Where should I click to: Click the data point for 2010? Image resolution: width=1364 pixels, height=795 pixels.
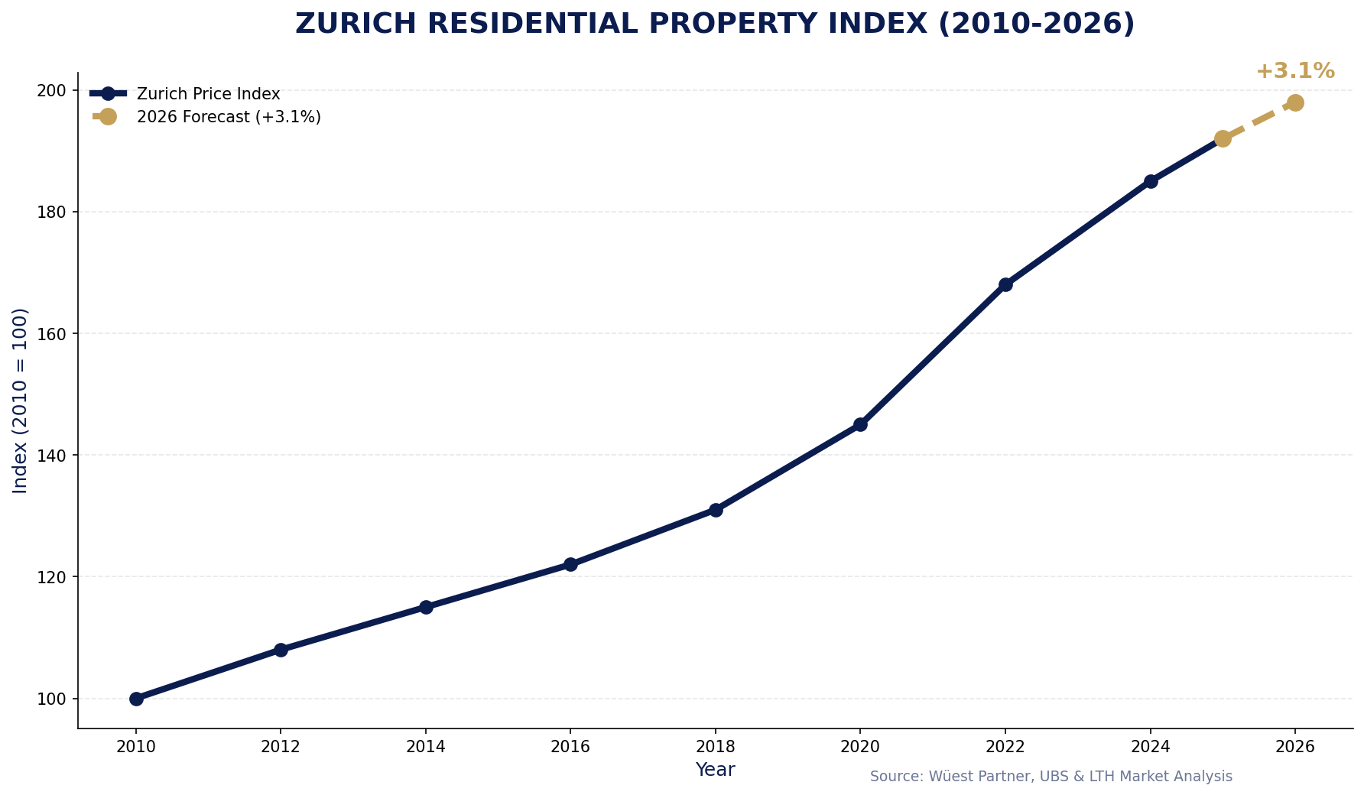[x=136, y=699]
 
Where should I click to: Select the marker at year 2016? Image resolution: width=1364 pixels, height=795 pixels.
[x=570, y=564]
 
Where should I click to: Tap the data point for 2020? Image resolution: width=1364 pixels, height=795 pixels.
[x=860, y=424]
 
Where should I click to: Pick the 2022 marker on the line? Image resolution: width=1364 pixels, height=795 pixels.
[x=1005, y=284]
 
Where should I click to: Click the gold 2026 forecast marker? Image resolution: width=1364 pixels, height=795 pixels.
[x=1295, y=102]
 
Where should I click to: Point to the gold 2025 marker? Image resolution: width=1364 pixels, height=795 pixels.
[x=1223, y=138]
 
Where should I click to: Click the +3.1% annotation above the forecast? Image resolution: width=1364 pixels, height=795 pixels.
[x=1295, y=71]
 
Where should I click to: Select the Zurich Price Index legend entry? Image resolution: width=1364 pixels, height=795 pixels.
[x=208, y=94]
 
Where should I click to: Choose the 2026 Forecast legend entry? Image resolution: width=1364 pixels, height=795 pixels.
[x=228, y=117]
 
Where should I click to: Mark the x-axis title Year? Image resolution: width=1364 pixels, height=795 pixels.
[x=715, y=770]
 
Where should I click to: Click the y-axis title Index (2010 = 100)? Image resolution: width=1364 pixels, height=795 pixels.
[x=21, y=401]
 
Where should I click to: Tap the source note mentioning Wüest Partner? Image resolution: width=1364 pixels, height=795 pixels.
[x=1051, y=777]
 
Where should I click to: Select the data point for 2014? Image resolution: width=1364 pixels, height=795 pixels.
[x=426, y=607]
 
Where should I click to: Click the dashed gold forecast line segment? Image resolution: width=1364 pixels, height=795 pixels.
[x=1259, y=121]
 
